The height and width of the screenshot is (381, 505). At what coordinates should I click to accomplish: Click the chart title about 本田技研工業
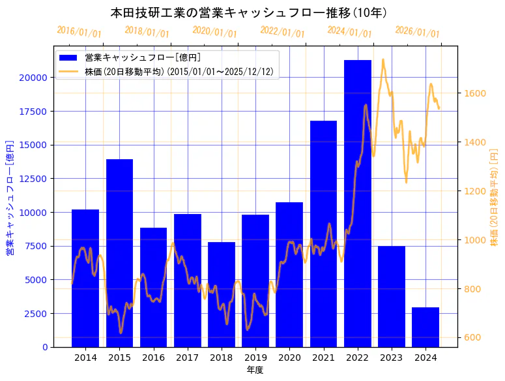click(x=250, y=12)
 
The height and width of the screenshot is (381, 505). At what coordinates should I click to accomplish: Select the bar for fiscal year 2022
click(x=358, y=203)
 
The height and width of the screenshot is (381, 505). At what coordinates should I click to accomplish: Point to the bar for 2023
click(x=392, y=296)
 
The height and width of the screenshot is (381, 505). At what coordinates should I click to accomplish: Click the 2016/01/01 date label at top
click(x=79, y=32)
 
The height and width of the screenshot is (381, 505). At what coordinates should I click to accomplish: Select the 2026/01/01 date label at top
click(x=418, y=32)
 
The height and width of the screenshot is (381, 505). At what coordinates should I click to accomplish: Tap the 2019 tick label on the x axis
click(x=255, y=358)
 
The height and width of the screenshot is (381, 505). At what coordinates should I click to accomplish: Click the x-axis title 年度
click(x=255, y=370)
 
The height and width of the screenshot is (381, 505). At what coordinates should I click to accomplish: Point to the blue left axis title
click(x=10, y=197)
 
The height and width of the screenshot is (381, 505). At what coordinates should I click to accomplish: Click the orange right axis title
click(x=494, y=197)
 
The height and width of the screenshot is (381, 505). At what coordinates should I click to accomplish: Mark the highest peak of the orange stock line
click(x=383, y=59)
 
